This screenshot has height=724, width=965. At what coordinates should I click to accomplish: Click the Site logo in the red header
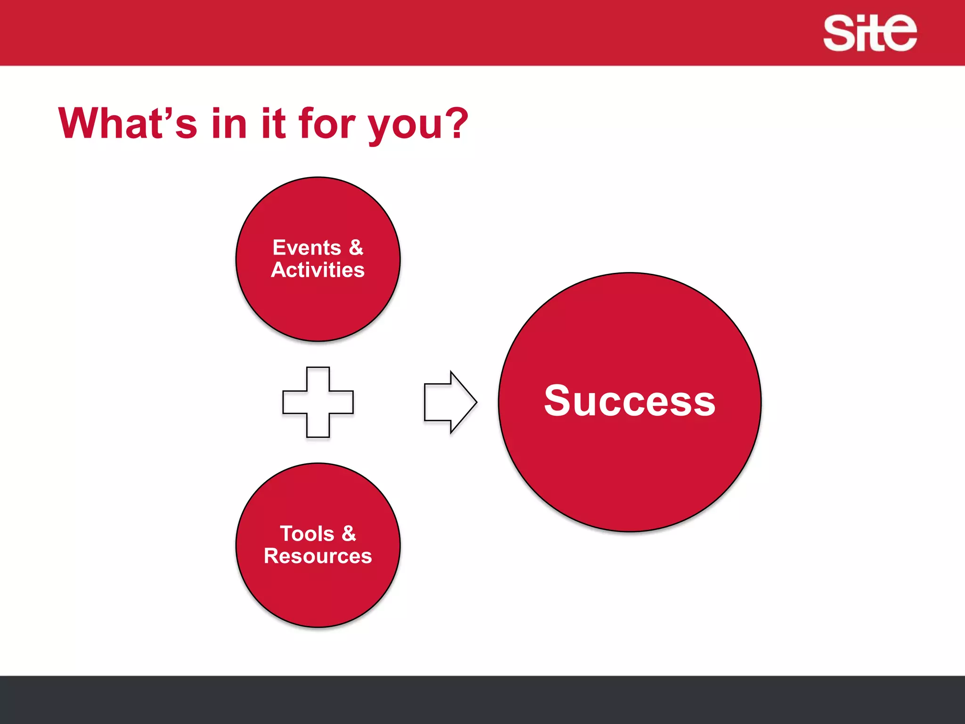point(870,33)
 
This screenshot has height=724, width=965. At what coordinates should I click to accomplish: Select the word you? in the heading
point(417,125)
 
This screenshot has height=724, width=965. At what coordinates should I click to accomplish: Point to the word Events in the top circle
point(307,247)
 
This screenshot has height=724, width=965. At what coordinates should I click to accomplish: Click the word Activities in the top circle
point(318,270)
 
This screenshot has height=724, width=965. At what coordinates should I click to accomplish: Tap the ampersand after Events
point(356,247)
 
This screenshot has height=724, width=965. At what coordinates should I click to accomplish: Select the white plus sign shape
point(318,402)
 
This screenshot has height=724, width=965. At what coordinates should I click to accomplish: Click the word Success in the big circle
point(630,401)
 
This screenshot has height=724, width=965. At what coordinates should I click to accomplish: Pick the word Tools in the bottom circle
point(307,534)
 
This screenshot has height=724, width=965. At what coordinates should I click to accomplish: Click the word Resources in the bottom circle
point(318,556)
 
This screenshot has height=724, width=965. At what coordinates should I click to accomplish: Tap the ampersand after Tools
point(349,534)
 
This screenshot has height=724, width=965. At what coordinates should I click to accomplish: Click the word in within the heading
point(229,123)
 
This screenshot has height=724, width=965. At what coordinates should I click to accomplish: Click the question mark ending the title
point(457,123)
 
